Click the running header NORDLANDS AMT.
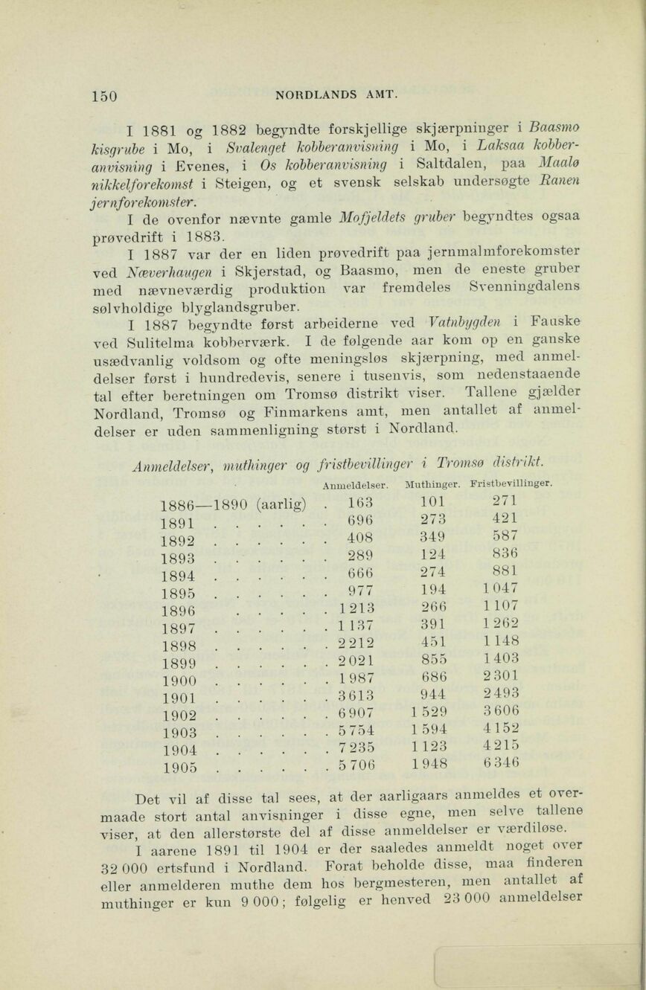coord(338,94)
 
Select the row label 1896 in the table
coord(178,609)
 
